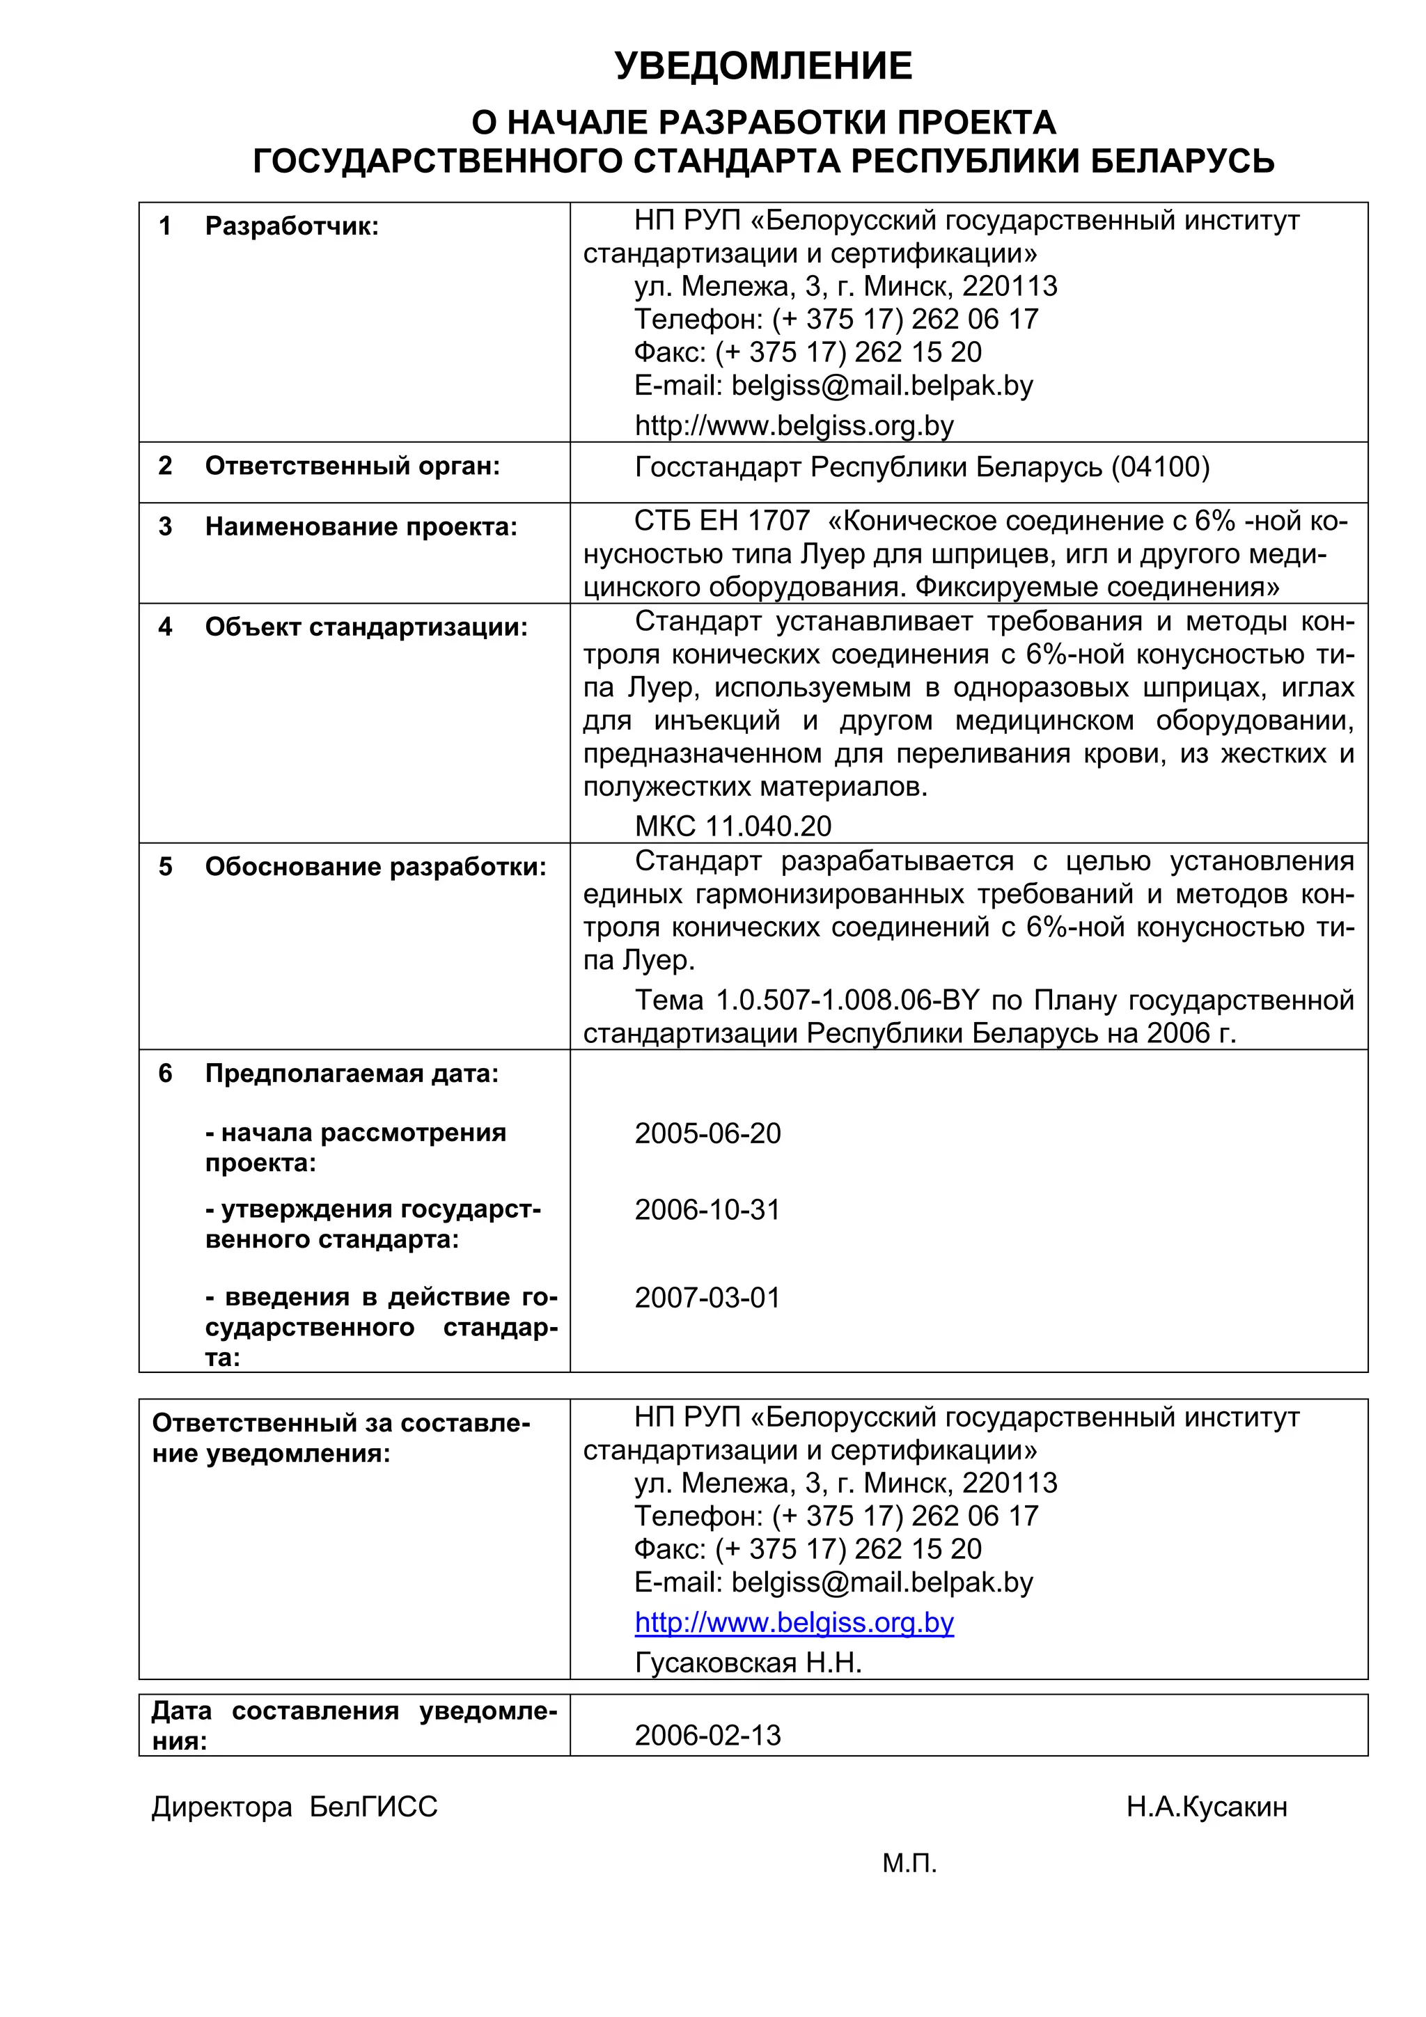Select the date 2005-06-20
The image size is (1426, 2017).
coord(707,1133)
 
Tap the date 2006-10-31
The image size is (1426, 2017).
coord(707,1209)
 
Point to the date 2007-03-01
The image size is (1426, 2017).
coord(707,1298)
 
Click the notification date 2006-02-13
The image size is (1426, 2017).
coord(707,1735)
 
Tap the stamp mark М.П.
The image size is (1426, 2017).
coord(909,1863)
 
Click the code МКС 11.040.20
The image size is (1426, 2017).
coord(732,826)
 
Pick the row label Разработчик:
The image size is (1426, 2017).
coord(292,227)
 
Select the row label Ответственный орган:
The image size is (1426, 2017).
coord(352,466)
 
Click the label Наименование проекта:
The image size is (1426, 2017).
coord(361,527)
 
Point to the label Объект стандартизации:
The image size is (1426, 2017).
coord(366,627)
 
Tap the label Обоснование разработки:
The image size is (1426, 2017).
coord(375,867)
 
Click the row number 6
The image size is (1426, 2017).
coord(165,1074)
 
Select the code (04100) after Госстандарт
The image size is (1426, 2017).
coord(1160,466)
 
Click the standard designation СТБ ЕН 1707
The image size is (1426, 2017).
coord(721,521)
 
